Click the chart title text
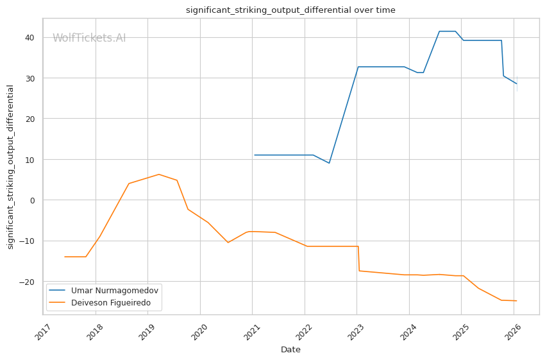coord(290,10)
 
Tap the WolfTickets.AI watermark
coord(89,38)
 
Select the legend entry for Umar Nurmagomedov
coord(104,290)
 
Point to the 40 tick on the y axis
coord(29,38)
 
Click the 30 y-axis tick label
coord(29,78)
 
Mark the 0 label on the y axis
coord(32,200)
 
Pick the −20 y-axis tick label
coord(27,282)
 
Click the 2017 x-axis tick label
coord(44,332)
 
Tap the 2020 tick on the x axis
coord(200,332)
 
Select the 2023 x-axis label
coord(356,332)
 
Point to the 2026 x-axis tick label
coord(514,332)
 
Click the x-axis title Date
coord(290,350)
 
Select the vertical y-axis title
coord(10,167)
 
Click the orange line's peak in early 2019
coord(159,175)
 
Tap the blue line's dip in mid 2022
coord(329,163)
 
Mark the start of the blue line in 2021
coord(255,155)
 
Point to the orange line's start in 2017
coord(65,257)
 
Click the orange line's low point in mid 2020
coord(228,243)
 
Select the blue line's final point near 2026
coord(517,84)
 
